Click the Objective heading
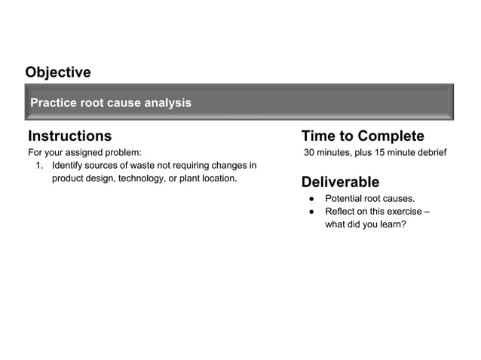(x=58, y=72)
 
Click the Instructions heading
(x=69, y=136)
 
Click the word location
(x=218, y=178)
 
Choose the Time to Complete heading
(x=363, y=136)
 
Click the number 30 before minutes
(x=310, y=153)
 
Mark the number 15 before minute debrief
(x=387, y=153)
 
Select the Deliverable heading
(x=340, y=182)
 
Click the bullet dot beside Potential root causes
(x=310, y=199)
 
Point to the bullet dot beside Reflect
(x=310, y=212)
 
